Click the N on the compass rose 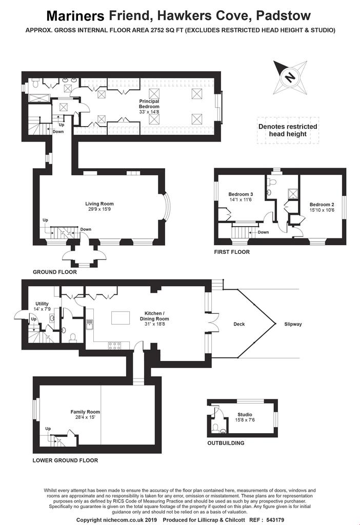click(290, 77)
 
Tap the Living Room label click(99, 204)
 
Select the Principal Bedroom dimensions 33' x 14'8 click(149, 112)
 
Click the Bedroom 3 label click(241, 194)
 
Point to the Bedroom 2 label click(322, 205)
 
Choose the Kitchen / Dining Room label click(154, 316)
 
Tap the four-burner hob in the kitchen click(114, 346)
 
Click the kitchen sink click(89, 325)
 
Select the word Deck click(239, 324)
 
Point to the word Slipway click(293, 324)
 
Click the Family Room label click(85, 412)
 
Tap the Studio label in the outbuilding click(245, 414)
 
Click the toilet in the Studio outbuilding click(216, 428)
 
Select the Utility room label click(42, 304)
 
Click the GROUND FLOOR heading click(54, 272)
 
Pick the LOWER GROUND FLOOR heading click(65, 460)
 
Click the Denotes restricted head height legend click(288, 130)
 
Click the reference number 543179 click(273, 520)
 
